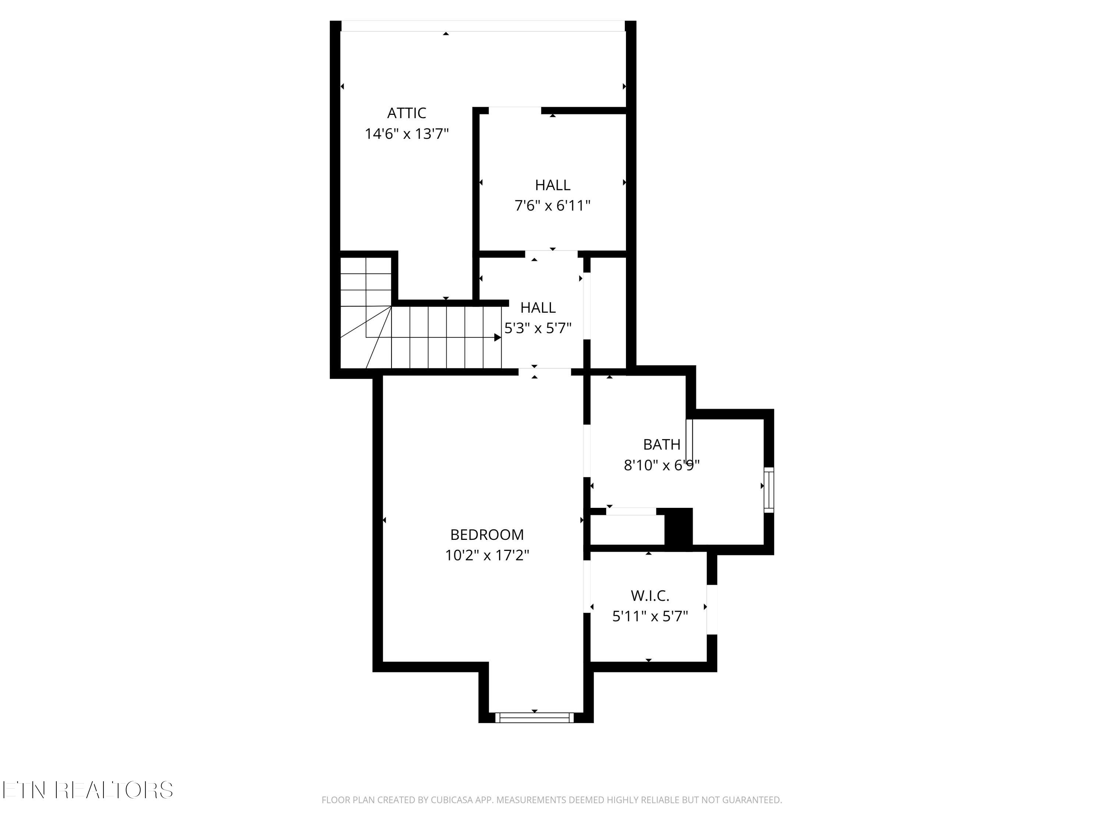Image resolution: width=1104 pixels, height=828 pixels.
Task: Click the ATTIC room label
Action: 406,113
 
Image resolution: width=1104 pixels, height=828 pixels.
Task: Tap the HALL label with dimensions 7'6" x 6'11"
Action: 552,185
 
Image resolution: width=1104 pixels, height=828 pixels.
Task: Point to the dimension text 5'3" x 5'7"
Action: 538,328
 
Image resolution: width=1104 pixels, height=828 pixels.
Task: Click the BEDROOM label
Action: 486,535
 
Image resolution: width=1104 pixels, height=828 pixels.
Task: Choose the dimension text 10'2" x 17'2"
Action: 486,555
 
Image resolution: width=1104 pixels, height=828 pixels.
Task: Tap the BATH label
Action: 661,444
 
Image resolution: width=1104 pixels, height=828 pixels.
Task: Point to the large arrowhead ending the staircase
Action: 498,338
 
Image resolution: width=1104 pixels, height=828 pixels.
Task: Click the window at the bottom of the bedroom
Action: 535,718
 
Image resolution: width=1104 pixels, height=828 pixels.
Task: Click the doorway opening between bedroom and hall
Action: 544,371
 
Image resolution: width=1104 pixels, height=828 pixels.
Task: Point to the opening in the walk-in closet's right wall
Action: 712,609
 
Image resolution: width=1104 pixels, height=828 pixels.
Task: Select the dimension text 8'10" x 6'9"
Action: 661,466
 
